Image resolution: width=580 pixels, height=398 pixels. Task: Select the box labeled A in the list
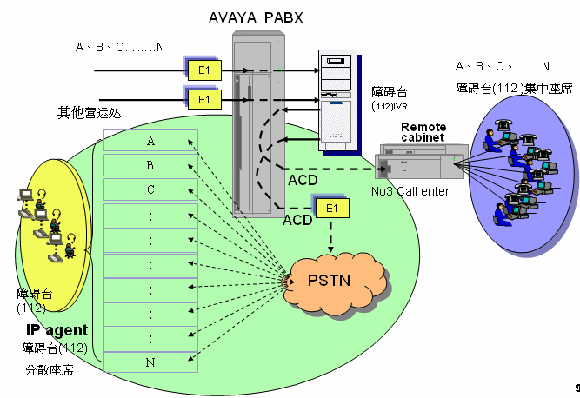click(x=150, y=141)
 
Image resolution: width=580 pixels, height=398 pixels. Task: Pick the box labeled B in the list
click(x=150, y=164)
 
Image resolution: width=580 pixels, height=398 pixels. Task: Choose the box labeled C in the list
click(x=150, y=189)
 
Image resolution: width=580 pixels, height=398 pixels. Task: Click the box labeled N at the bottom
click(x=150, y=360)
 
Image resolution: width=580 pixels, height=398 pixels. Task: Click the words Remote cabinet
click(x=423, y=133)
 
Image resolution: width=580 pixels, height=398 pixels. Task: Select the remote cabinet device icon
click(x=417, y=164)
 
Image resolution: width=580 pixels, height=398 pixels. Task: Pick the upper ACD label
click(x=304, y=181)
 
